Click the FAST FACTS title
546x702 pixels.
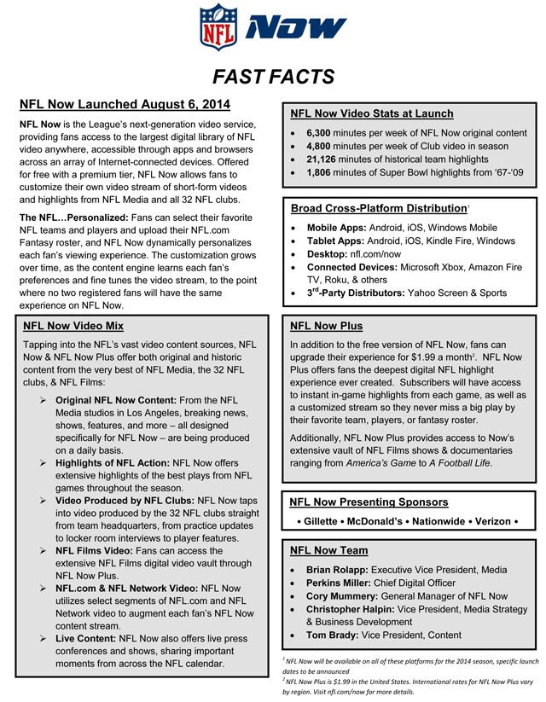pos(273,78)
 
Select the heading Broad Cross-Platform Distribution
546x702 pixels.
pos(368,208)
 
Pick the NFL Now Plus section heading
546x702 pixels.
pos(326,326)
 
